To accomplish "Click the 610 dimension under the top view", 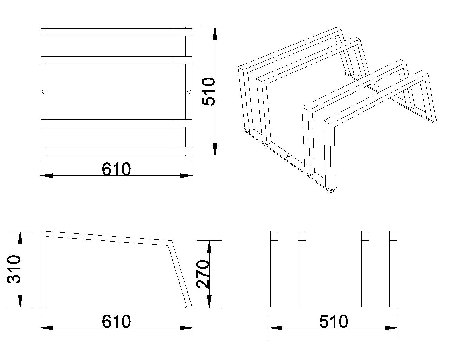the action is [116, 169].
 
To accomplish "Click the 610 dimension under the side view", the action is [116, 321].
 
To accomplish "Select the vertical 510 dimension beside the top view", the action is [208, 91].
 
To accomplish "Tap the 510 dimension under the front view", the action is [334, 321].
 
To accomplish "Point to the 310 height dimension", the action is [14, 269].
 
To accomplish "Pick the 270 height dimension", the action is [202, 274].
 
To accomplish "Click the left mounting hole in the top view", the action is [44, 92].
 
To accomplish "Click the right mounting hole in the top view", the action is [189, 92].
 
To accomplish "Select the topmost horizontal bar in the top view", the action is [116, 32].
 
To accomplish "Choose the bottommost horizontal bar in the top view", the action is [116, 151].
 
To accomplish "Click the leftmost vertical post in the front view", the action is [274, 269].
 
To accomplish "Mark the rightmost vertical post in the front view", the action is [393, 269].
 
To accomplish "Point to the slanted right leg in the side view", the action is [180, 274].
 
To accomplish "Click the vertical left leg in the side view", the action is [44, 269].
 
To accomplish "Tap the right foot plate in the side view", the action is [189, 307].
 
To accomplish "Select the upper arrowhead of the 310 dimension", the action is [20, 237].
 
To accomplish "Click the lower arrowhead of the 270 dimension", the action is [209, 301].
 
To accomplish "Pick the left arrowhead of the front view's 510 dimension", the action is [275, 328].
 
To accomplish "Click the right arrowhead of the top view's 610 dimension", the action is [187, 175].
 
